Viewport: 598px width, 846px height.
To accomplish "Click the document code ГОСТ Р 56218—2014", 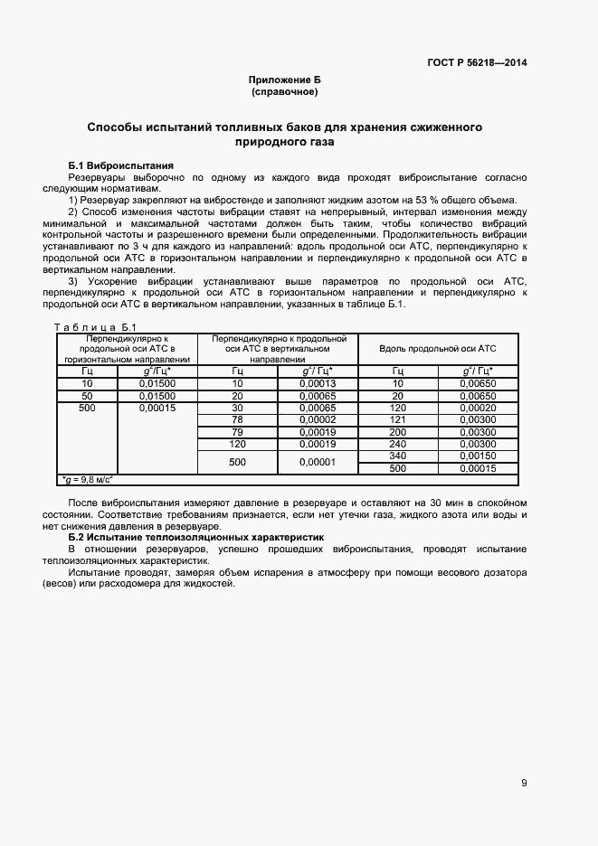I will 478,62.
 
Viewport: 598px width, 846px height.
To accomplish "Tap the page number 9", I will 524,783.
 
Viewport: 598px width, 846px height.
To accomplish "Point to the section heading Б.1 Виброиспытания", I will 120,166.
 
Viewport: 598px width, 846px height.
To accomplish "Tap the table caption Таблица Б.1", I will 95,327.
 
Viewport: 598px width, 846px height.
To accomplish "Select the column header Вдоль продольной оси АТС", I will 438,349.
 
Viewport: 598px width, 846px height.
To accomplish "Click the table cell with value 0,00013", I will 318,383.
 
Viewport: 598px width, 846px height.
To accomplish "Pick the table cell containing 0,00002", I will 318,419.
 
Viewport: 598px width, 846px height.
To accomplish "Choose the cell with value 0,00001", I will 318,462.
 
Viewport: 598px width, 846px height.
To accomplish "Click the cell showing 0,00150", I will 477,456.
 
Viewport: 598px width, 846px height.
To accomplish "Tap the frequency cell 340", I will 397,456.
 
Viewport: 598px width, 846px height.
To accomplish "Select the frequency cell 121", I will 397,419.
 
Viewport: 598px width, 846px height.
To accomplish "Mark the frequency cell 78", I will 237,419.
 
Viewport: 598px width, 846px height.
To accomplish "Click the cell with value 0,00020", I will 477,408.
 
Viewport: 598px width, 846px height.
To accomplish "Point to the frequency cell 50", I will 87,396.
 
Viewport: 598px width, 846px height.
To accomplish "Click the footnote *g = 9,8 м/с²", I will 91,480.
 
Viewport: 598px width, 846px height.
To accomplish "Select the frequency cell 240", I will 397,444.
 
